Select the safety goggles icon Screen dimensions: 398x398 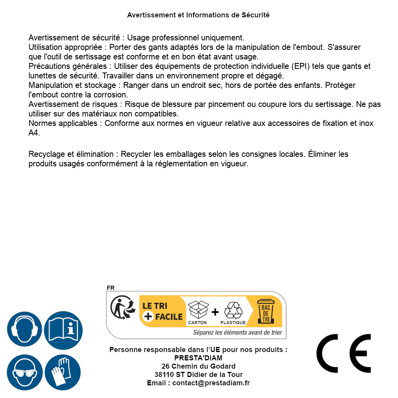point(24,373)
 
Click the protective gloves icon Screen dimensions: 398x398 point(63,373)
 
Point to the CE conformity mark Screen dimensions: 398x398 point(344,353)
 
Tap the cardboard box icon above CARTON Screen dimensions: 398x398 point(198,309)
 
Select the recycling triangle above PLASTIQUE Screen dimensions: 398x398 point(233,310)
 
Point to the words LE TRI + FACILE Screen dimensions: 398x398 point(162,311)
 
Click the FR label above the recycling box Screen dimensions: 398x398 point(110,288)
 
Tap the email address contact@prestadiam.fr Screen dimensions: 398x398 point(211,383)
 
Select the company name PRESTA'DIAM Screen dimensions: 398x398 point(198,358)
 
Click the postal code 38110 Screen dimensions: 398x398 point(164,375)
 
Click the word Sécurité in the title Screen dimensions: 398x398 point(255,15)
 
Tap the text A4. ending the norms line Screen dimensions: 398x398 point(34,133)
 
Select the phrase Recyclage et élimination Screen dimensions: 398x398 point(71,154)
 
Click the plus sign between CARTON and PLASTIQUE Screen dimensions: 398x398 point(215,312)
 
